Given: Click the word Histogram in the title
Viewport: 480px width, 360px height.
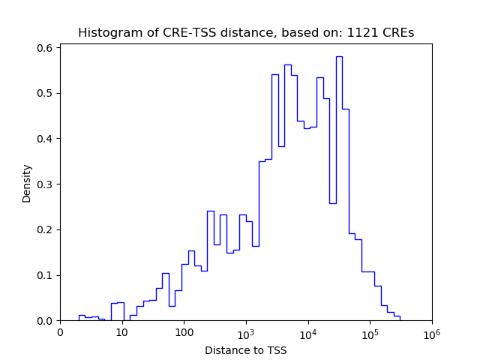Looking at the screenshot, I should [x=106, y=33].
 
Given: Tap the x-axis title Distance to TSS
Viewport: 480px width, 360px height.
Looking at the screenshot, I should [x=246, y=350].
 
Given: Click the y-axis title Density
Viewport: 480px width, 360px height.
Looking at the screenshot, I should [x=27, y=183].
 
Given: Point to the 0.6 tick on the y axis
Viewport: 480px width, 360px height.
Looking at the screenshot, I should [x=46, y=48].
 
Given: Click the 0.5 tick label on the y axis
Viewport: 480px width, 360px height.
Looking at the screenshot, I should [x=46, y=94].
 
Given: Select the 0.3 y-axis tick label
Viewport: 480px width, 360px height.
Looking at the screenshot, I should [x=46, y=184].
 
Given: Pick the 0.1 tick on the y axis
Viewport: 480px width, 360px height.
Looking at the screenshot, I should [x=46, y=275].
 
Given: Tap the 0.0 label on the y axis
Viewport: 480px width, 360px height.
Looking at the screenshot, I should [x=46, y=321].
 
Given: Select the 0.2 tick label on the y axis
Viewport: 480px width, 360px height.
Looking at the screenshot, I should [x=46, y=229].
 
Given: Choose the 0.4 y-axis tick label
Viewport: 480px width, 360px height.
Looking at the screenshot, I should [x=46, y=139].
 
